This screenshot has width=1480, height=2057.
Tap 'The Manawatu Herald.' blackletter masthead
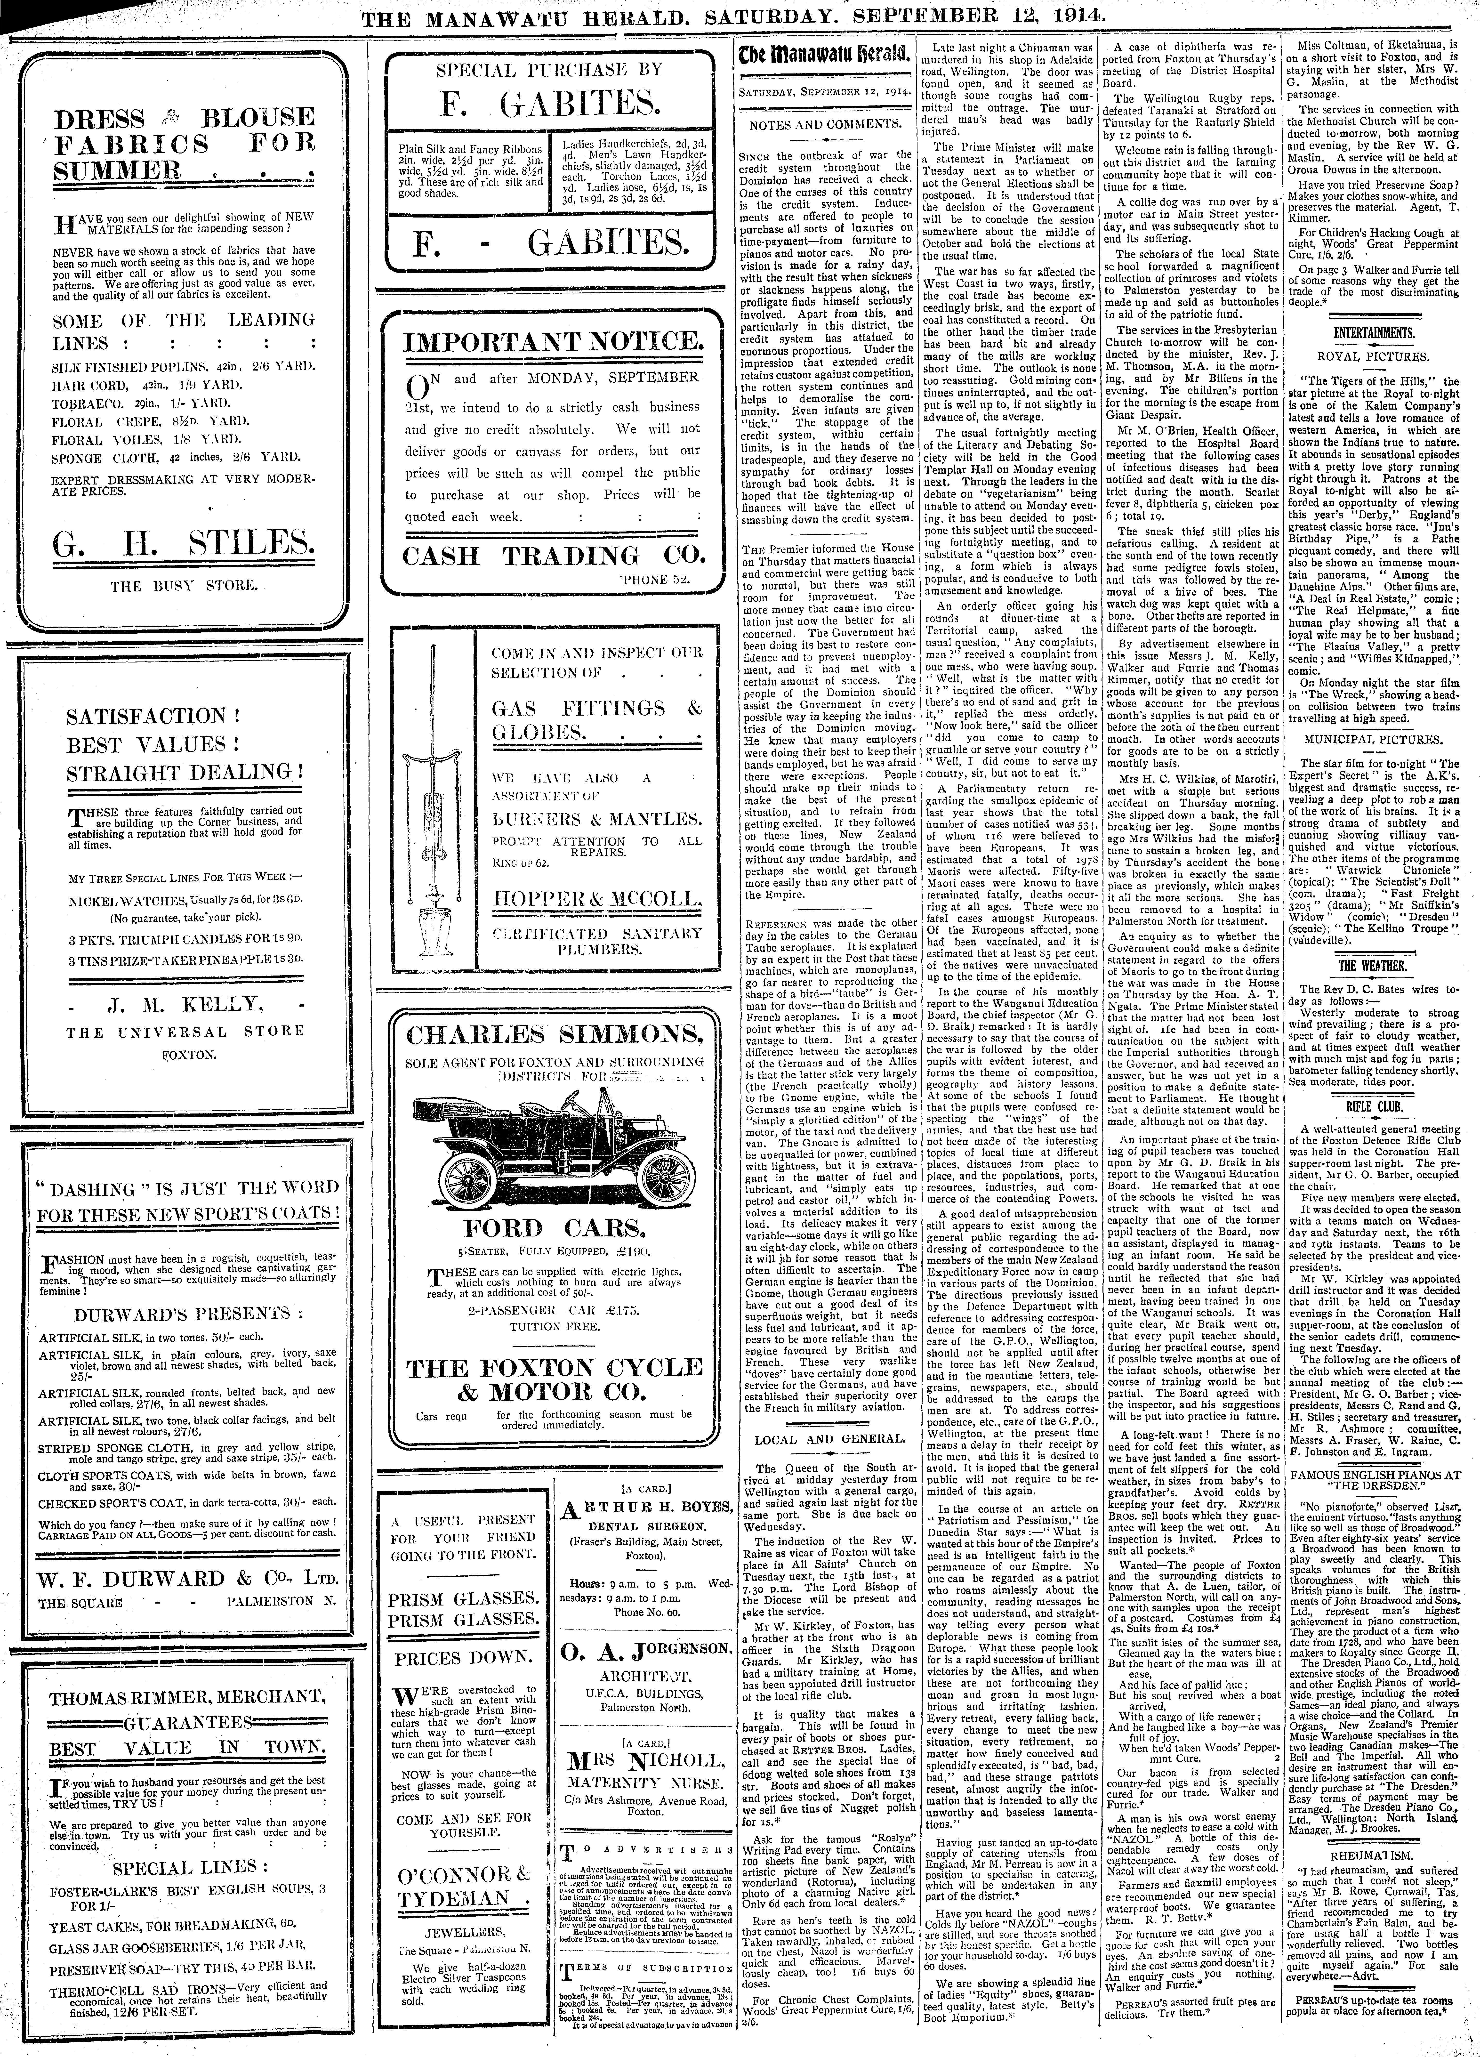click(823, 55)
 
